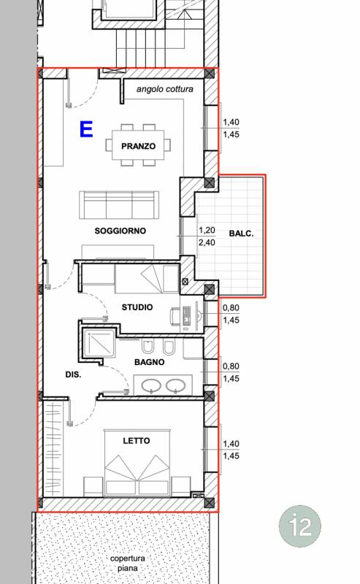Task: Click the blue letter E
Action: point(86,129)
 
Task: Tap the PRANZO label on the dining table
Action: point(138,146)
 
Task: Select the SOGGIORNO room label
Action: point(120,231)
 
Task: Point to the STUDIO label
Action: point(137,307)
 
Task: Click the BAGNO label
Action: point(149,362)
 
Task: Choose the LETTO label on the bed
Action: point(137,441)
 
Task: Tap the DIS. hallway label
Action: point(73,374)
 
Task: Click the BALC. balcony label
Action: point(241,234)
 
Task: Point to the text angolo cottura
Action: point(165,89)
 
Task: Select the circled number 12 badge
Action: point(300,526)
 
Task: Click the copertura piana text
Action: point(128,563)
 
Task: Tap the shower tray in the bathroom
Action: point(99,343)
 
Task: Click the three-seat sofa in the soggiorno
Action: point(119,205)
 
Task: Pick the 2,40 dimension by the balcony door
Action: point(207,242)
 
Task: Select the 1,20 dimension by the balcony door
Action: point(207,230)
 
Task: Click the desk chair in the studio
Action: point(175,317)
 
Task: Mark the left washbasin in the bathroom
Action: point(150,386)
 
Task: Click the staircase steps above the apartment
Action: point(150,48)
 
